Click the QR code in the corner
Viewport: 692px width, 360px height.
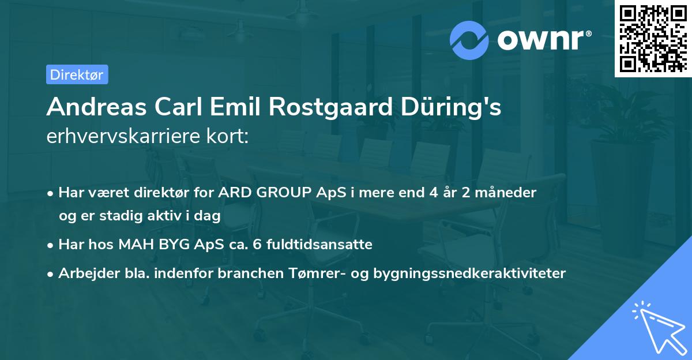click(x=653, y=39)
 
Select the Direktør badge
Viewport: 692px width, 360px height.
click(x=77, y=74)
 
